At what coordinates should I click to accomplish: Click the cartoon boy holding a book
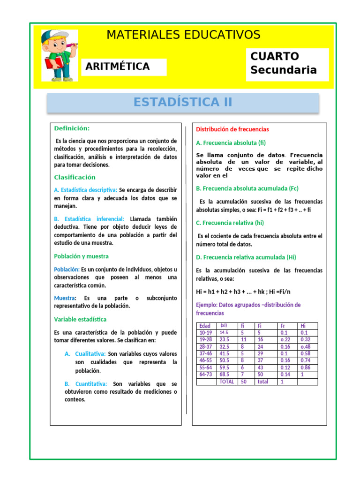click(x=59, y=55)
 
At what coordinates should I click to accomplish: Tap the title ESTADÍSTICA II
click(x=183, y=102)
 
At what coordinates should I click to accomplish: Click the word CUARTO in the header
click(x=275, y=56)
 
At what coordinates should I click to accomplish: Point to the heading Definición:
click(x=72, y=128)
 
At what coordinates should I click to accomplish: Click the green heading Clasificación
click(x=75, y=177)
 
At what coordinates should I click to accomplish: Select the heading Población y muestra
click(x=81, y=256)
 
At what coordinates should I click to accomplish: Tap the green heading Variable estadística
click(x=80, y=319)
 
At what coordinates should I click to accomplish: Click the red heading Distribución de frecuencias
click(x=232, y=129)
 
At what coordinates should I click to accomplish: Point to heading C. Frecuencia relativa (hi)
click(x=230, y=223)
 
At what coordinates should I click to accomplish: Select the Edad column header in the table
click(x=205, y=326)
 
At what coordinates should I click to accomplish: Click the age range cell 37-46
click(x=206, y=353)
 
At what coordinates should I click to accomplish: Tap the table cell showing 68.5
click(x=225, y=375)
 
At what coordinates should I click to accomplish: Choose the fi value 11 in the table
click(x=244, y=339)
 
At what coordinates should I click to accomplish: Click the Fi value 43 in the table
click(x=260, y=367)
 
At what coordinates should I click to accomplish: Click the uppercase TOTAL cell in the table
click(x=227, y=382)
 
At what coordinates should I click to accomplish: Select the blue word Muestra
click(x=64, y=298)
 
